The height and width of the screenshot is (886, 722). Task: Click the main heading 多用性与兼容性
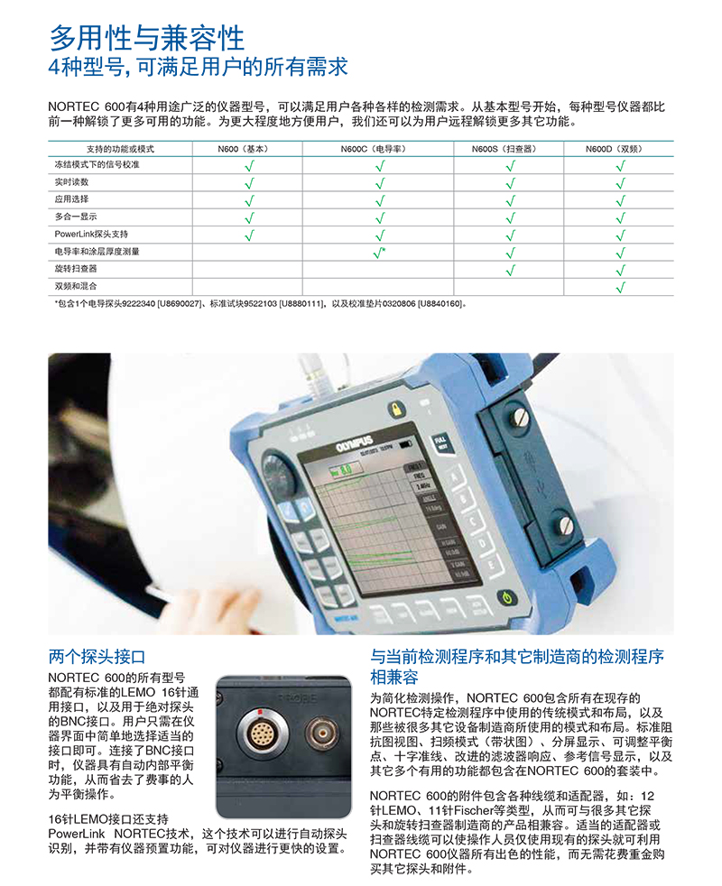pyautogui.click(x=146, y=37)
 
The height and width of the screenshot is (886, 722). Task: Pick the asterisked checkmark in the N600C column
pyautogui.click(x=380, y=252)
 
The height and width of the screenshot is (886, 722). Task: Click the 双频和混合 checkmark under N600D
pyautogui.click(x=620, y=287)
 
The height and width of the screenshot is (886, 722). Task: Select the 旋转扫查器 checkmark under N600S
pyautogui.click(x=510, y=269)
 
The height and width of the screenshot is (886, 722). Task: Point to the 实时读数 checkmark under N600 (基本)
pyautogui.click(x=250, y=183)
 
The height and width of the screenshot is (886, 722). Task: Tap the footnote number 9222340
pyautogui.click(x=135, y=304)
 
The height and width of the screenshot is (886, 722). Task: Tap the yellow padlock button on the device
pyautogui.click(x=396, y=411)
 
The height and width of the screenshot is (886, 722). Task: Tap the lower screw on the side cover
pyautogui.click(x=566, y=524)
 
